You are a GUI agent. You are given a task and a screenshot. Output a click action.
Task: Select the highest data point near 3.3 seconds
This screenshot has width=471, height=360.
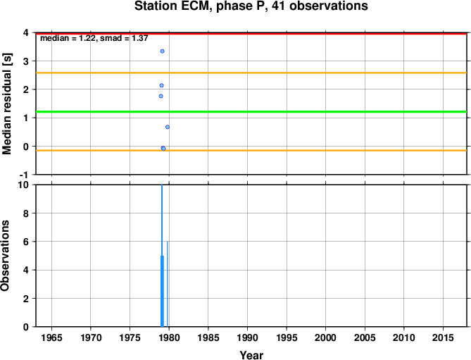pyautogui.click(x=162, y=51)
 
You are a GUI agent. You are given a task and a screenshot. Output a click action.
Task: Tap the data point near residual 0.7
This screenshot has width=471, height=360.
pyautogui.click(x=168, y=127)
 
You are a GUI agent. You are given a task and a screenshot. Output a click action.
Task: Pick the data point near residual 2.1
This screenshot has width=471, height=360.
pyautogui.click(x=162, y=85)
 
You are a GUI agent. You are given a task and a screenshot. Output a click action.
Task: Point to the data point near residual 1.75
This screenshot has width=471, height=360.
pyautogui.click(x=161, y=96)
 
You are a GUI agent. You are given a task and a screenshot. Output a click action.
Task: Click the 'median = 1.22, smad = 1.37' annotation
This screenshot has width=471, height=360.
pyautogui.click(x=94, y=38)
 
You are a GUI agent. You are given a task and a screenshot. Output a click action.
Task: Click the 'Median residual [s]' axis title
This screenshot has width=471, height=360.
pyautogui.click(x=6, y=104)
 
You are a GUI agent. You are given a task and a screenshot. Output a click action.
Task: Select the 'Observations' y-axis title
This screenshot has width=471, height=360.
pyautogui.click(x=5, y=256)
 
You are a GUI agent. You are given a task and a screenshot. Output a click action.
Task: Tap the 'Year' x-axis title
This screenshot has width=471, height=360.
pyautogui.click(x=251, y=355)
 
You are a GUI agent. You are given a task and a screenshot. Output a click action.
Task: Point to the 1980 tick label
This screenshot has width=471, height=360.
pyautogui.click(x=169, y=337)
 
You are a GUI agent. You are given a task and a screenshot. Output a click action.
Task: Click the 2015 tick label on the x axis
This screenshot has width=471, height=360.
pyautogui.click(x=443, y=337)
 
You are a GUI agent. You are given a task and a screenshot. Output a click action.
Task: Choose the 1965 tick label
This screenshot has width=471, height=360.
pyautogui.click(x=51, y=337)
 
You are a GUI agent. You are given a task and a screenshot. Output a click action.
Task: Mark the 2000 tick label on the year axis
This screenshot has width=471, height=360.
pyautogui.click(x=325, y=337)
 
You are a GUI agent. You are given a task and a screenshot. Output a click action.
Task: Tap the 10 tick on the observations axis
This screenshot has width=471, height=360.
pyautogui.click(x=23, y=185)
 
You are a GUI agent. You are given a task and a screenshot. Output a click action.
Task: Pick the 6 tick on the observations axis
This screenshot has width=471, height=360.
pyautogui.click(x=27, y=242)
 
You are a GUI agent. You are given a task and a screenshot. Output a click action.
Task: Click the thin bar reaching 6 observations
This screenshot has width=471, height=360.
pyautogui.click(x=168, y=284)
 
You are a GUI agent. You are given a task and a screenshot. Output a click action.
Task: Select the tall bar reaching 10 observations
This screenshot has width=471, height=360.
pyautogui.click(x=162, y=256)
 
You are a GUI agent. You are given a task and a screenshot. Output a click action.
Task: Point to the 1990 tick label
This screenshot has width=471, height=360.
pyautogui.click(x=247, y=337)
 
